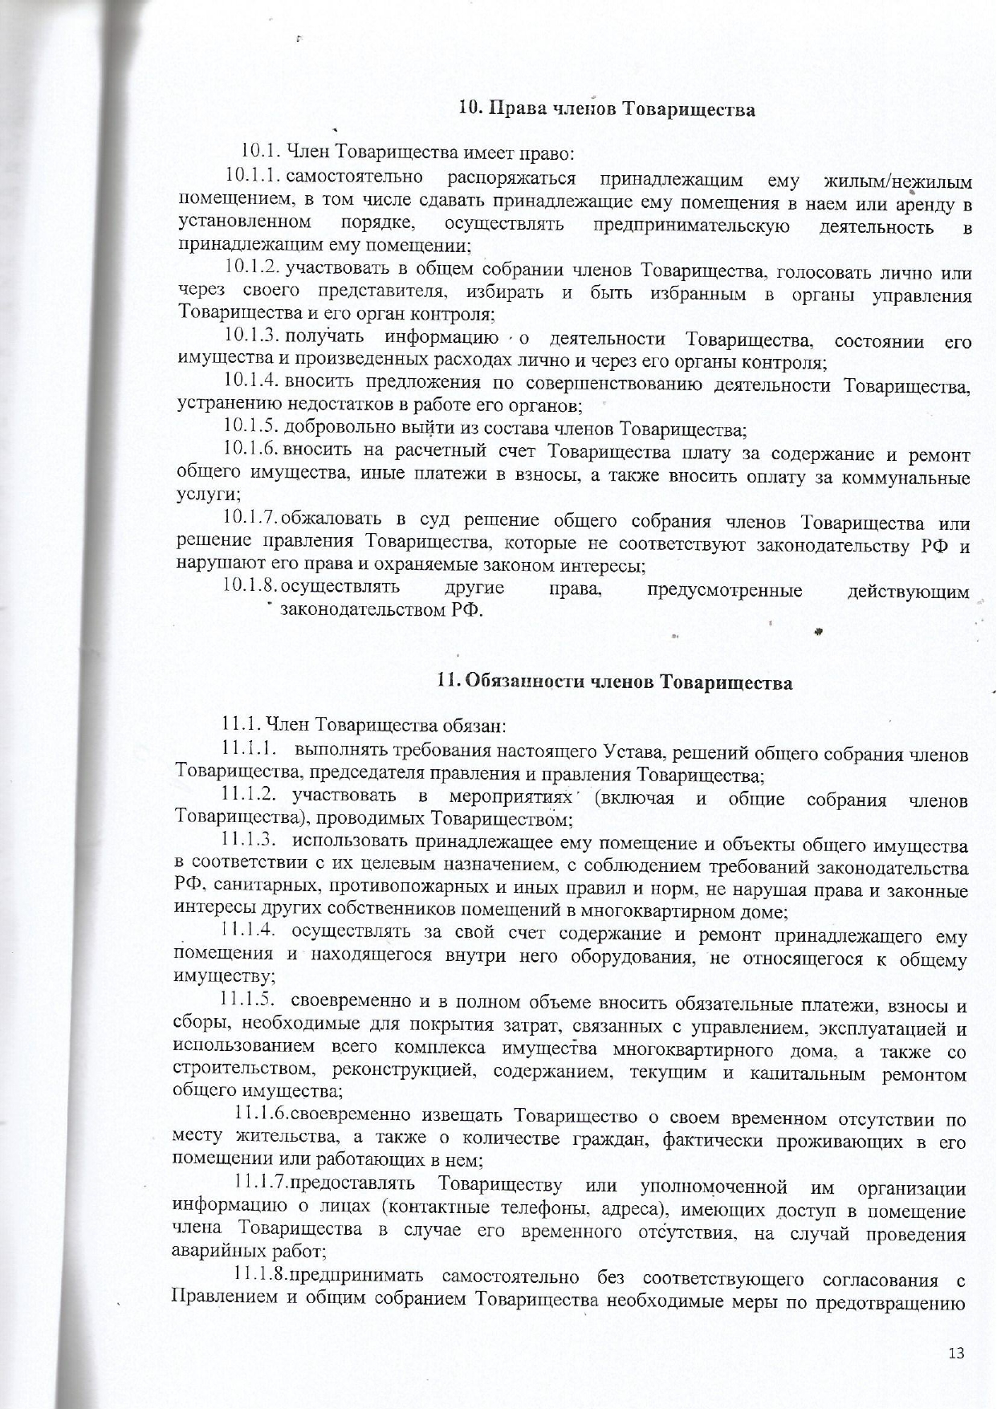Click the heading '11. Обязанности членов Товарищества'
tap(614, 683)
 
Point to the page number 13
tap(955, 1354)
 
